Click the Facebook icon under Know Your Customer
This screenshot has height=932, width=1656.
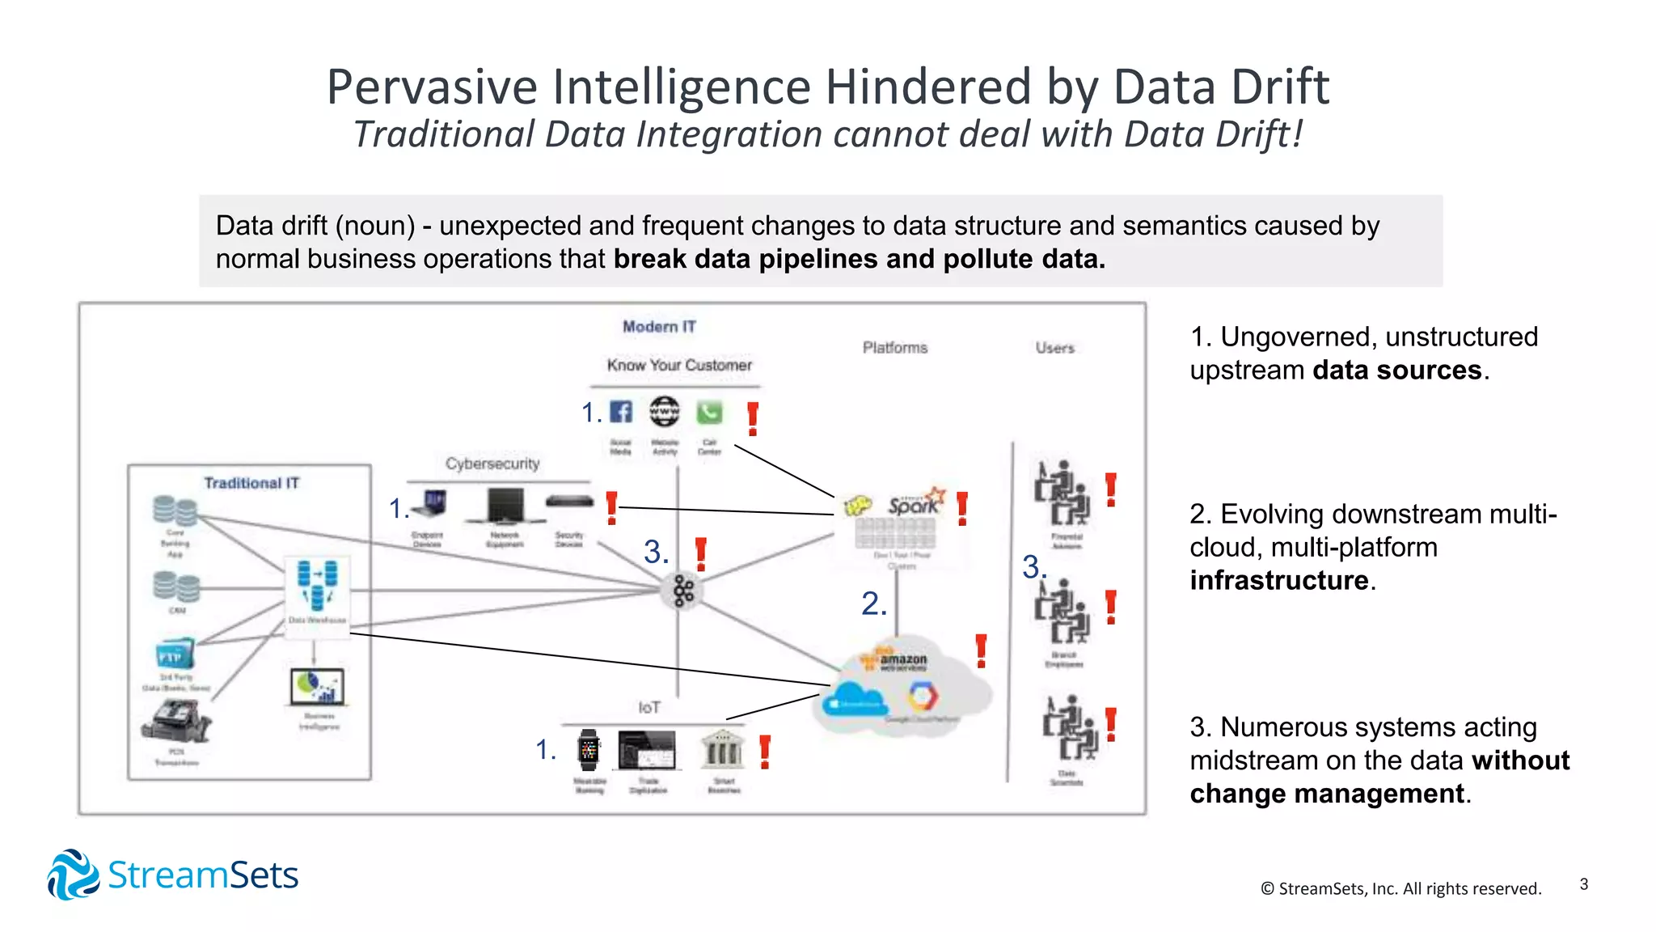point(620,412)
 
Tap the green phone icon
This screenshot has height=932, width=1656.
point(709,413)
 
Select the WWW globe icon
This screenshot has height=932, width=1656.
point(665,412)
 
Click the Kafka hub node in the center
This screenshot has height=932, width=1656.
point(683,591)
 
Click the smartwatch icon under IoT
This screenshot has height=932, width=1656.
point(589,751)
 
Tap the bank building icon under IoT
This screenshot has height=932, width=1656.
point(722,749)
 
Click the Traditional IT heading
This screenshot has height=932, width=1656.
point(251,483)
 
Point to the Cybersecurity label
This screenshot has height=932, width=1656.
point(492,464)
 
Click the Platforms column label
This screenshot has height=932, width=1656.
point(894,347)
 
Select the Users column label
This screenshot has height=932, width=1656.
point(1054,348)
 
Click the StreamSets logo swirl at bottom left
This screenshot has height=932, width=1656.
point(73,875)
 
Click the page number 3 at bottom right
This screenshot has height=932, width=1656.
point(1583,884)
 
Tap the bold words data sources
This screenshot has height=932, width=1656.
point(1396,371)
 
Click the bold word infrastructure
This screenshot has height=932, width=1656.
point(1278,581)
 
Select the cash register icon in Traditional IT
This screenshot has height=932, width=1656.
point(175,721)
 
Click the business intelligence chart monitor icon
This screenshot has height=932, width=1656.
point(317,687)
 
